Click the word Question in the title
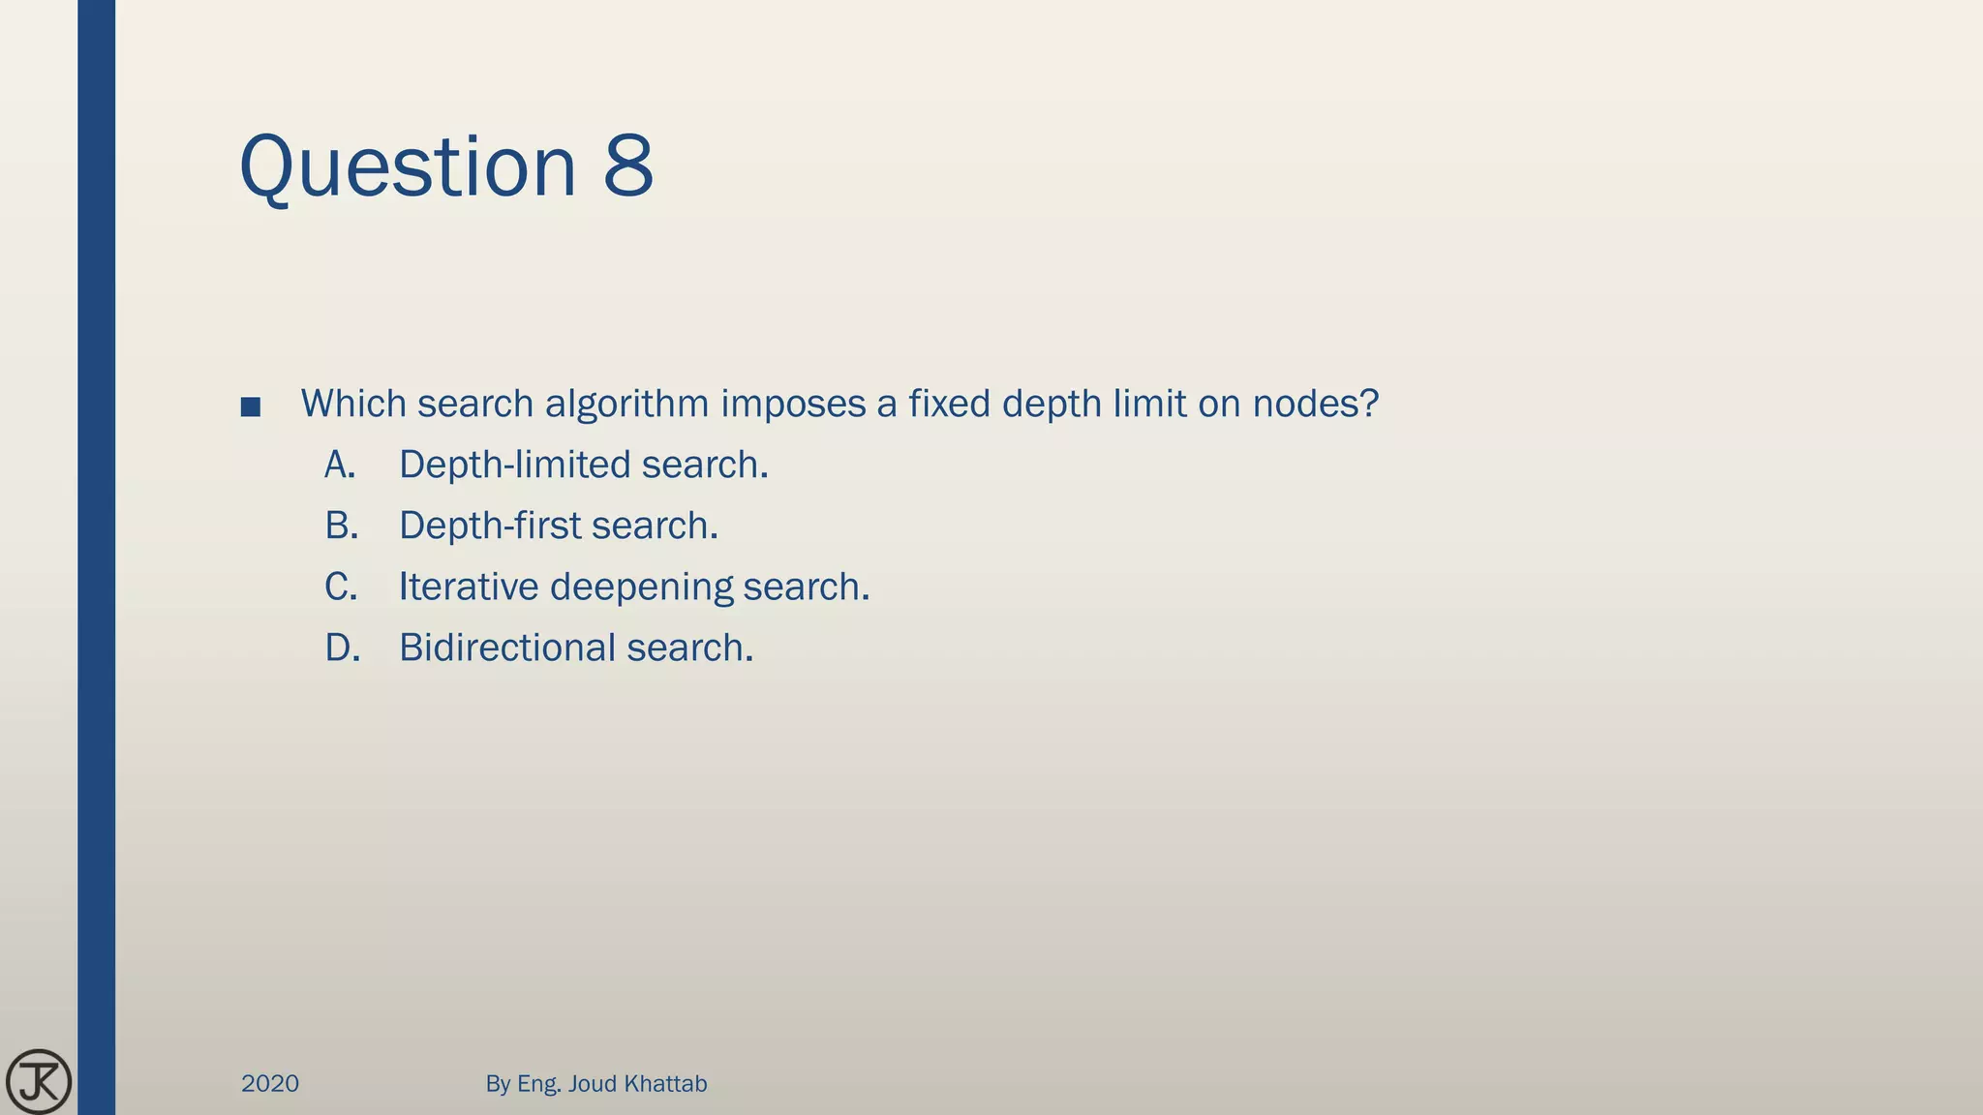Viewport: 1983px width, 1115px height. [407, 166]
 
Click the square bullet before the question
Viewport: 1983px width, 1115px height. [251, 407]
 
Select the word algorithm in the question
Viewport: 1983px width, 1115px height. [627, 405]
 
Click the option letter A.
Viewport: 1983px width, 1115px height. [340, 466]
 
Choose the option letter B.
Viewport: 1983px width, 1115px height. [341, 527]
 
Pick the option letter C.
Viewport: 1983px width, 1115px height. [341, 588]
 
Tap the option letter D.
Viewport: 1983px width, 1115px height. [342, 648]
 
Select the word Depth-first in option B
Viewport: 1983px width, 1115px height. [490, 527]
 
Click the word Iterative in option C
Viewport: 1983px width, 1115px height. [469, 588]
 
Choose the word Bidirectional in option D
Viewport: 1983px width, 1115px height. [507, 648]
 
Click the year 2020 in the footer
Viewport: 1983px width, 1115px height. [270, 1084]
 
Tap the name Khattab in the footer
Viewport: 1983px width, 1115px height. [665, 1084]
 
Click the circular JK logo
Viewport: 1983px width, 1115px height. [39, 1081]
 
